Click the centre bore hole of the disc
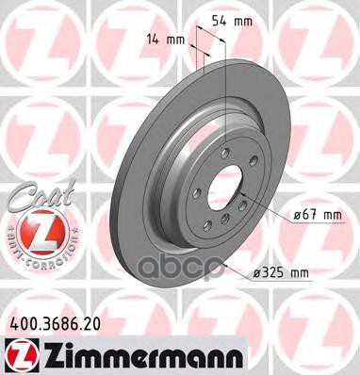point(222,187)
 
